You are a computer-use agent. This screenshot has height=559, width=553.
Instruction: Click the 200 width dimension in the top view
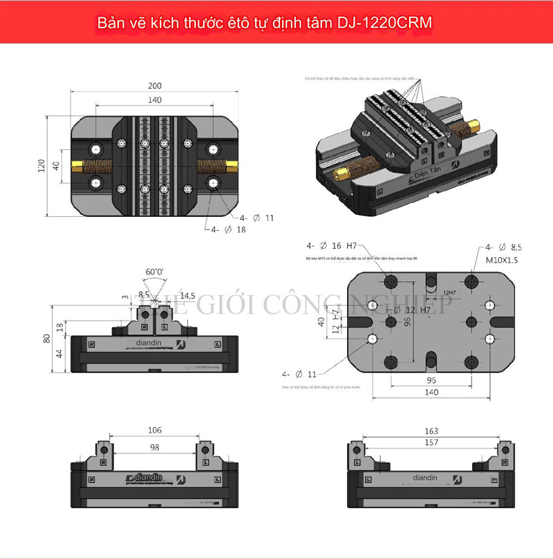click(x=155, y=86)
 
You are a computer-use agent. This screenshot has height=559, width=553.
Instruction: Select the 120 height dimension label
click(x=40, y=166)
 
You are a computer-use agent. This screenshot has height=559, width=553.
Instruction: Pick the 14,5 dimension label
click(x=187, y=295)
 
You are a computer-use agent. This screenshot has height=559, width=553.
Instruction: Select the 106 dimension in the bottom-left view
click(x=155, y=430)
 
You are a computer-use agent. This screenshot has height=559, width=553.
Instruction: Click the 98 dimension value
click(x=155, y=447)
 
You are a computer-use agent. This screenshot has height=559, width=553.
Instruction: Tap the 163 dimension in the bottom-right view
click(x=430, y=430)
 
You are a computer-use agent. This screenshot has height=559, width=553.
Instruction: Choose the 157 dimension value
click(x=430, y=442)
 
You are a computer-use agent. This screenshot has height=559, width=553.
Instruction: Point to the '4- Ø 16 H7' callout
click(x=332, y=246)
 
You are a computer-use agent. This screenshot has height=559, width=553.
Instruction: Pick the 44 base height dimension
click(x=59, y=354)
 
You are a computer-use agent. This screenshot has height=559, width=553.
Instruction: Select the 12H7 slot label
click(x=451, y=293)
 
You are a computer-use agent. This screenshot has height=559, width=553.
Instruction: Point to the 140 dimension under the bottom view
click(x=431, y=392)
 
